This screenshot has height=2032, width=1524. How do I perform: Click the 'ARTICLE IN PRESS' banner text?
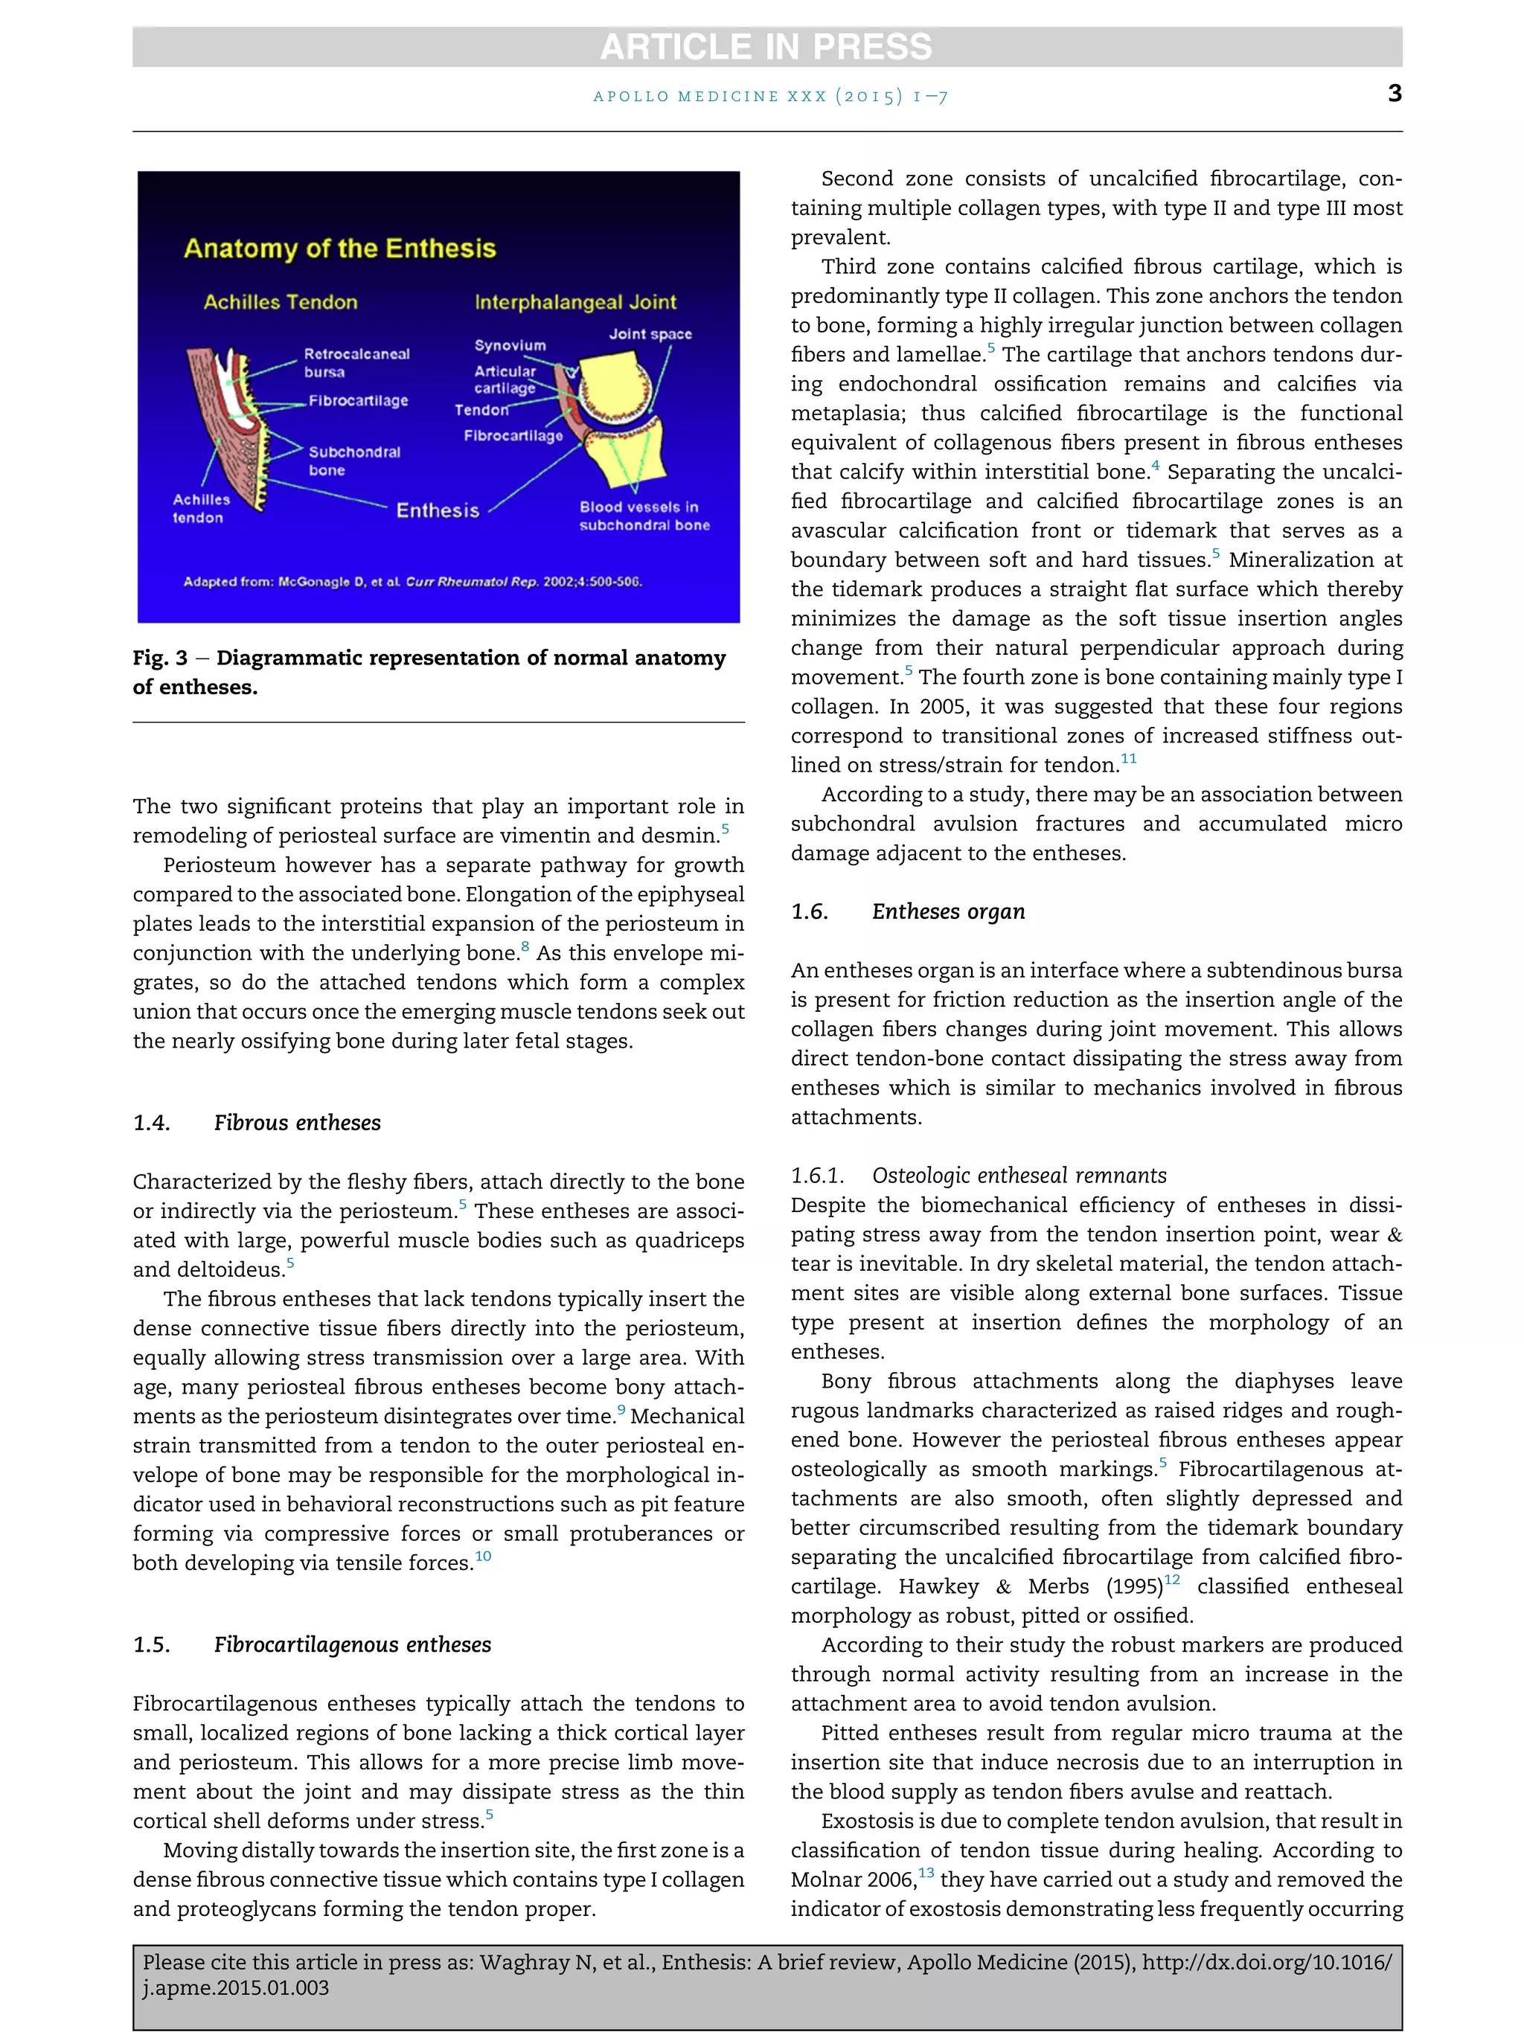pyautogui.click(x=766, y=47)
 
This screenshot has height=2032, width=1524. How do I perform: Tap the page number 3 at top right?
pyautogui.click(x=1395, y=93)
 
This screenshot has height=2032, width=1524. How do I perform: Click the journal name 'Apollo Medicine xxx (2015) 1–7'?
pyautogui.click(x=769, y=95)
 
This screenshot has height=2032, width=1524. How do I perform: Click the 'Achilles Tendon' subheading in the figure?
pyautogui.click(x=281, y=302)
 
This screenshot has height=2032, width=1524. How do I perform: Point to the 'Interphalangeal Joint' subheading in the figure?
pyautogui.click(x=575, y=302)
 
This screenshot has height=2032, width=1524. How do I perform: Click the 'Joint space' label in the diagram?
pyautogui.click(x=650, y=334)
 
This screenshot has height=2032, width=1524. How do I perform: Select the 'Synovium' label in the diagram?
pyautogui.click(x=510, y=345)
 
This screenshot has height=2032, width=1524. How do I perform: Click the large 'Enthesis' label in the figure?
pyautogui.click(x=438, y=510)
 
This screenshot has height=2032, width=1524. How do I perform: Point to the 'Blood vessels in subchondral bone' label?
pyautogui.click(x=644, y=516)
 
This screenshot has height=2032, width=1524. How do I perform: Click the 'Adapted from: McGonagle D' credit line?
pyautogui.click(x=412, y=582)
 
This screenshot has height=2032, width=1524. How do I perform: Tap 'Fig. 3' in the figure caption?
pyautogui.click(x=160, y=658)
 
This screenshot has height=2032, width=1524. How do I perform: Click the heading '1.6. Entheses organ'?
pyautogui.click(x=908, y=911)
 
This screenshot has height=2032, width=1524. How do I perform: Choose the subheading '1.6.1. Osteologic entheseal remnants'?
pyautogui.click(x=979, y=1175)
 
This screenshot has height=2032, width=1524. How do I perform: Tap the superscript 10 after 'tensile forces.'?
pyautogui.click(x=483, y=1556)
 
